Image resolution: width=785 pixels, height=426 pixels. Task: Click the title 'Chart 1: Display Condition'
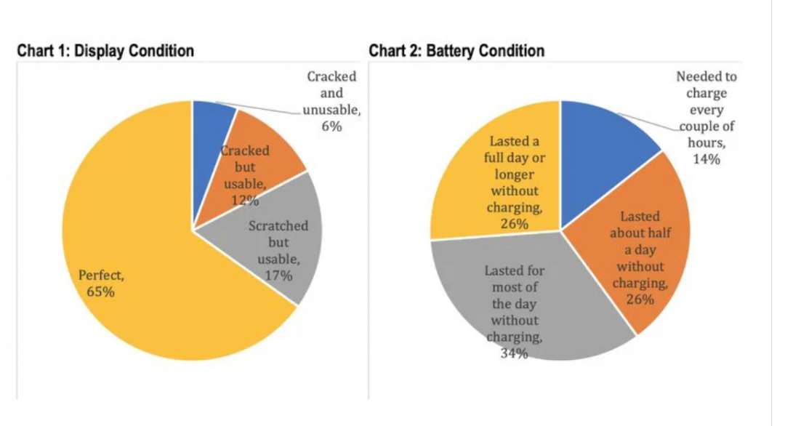(105, 51)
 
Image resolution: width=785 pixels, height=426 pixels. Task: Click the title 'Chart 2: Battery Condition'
(456, 51)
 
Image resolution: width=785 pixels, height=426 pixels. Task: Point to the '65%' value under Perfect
(101, 292)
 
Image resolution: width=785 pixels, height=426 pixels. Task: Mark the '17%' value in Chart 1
(278, 276)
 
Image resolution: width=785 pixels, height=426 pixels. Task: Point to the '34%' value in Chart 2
(514, 354)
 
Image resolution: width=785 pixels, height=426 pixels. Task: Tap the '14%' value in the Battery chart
(706, 159)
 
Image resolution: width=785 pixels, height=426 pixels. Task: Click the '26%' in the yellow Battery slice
(514, 224)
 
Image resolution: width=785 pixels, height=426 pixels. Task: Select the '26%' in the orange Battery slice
(640, 300)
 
